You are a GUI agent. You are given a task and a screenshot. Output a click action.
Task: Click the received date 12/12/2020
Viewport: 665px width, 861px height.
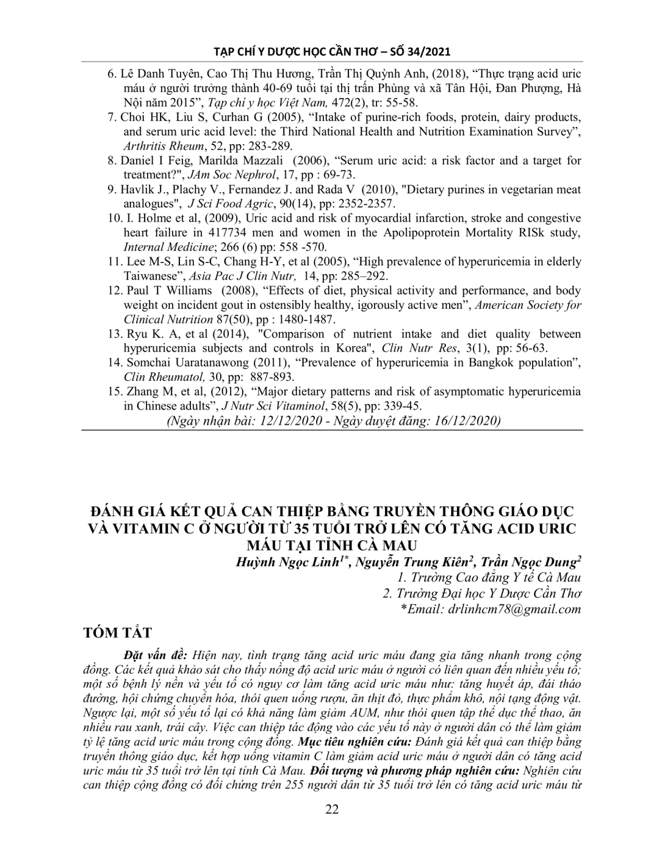[292, 421]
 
